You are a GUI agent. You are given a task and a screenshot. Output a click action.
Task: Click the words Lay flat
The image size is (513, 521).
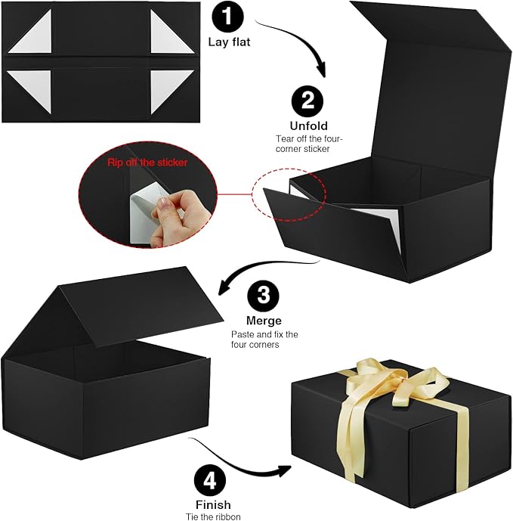pos(229,42)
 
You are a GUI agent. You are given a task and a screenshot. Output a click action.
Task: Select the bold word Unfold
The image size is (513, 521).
pos(307,126)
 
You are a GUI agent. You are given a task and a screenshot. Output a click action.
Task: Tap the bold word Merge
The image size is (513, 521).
pos(264,321)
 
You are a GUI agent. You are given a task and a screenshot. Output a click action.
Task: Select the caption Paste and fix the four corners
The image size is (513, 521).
pos(264,340)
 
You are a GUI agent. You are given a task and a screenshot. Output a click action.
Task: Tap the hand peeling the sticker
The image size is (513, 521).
pos(171,220)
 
